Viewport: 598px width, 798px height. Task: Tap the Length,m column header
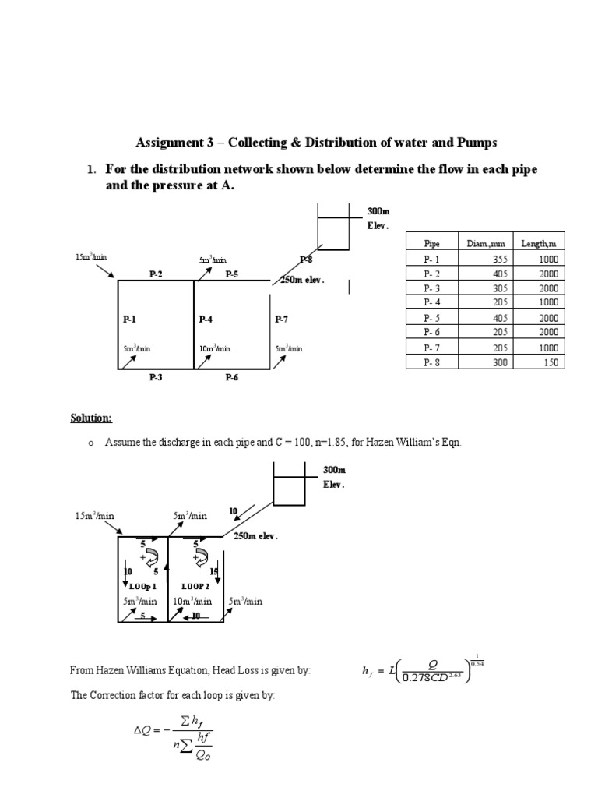(x=539, y=244)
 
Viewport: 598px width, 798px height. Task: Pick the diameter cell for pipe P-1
(x=483, y=259)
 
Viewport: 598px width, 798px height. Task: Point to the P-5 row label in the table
(x=432, y=317)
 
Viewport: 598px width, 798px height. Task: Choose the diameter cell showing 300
(x=483, y=362)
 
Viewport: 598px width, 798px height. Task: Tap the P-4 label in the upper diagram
(x=206, y=319)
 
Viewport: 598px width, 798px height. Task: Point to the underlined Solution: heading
(x=91, y=418)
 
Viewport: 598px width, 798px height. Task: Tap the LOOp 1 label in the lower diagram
(x=143, y=586)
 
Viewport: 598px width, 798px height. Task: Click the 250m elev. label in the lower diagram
(x=255, y=536)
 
